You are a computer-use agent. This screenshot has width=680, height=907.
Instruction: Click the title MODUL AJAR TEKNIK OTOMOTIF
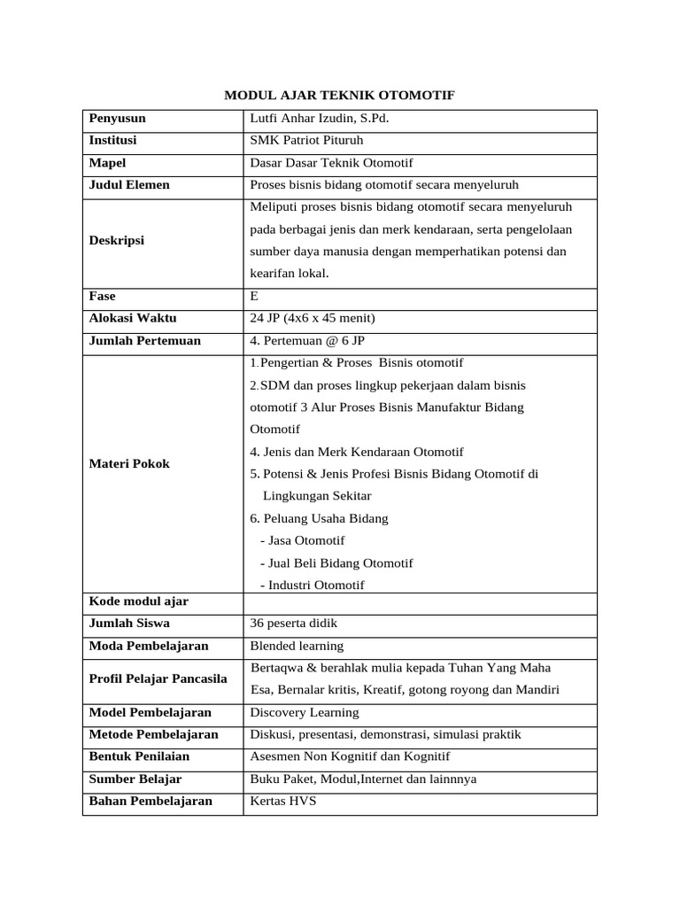click(x=339, y=95)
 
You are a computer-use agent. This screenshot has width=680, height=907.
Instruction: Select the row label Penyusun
click(x=118, y=118)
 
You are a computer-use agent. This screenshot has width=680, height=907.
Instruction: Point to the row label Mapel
click(x=108, y=163)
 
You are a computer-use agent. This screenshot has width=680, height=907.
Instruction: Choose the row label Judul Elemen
click(x=129, y=185)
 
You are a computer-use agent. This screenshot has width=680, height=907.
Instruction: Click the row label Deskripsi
click(x=117, y=240)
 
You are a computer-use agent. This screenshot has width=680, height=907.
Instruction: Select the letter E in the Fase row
click(x=255, y=296)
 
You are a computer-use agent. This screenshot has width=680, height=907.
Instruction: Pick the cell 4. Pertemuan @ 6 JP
click(x=306, y=341)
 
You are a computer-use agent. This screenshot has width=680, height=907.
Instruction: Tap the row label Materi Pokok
click(x=129, y=463)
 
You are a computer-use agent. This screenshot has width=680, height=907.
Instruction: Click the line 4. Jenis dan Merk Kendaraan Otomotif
click(x=357, y=452)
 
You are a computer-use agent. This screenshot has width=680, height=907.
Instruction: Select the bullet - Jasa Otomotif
click(x=303, y=540)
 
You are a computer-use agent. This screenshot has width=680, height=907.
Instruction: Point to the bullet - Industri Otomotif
click(x=312, y=585)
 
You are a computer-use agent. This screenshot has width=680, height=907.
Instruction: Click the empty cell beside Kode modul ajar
click(x=420, y=602)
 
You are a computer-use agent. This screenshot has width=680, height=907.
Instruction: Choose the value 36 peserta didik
click(x=294, y=623)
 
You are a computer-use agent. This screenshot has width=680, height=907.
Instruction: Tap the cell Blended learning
click(x=297, y=646)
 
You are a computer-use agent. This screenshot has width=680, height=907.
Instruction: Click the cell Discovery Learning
click(x=305, y=712)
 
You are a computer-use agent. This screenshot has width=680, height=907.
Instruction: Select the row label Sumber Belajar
click(x=135, y=779)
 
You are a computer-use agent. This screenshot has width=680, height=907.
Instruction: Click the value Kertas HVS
click(x=283, y=801)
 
